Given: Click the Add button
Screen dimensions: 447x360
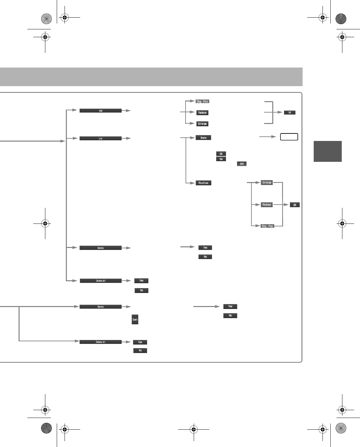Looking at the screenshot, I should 100,111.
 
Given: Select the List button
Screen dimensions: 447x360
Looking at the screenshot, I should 100,138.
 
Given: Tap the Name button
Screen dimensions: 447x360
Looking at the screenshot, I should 203,138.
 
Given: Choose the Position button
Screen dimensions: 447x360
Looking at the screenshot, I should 203,183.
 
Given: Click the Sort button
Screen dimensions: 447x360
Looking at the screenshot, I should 135,320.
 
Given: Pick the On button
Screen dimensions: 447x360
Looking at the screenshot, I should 221,159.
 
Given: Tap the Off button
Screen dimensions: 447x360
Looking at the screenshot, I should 242,164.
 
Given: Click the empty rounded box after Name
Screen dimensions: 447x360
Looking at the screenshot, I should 289,137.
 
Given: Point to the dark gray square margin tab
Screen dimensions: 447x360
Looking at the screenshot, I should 327,151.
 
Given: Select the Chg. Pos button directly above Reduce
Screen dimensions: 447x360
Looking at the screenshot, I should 202,101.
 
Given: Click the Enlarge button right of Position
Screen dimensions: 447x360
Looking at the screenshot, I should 267,183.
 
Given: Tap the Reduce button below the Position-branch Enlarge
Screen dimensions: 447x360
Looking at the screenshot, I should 267,205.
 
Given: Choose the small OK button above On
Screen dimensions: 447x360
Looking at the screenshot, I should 221,154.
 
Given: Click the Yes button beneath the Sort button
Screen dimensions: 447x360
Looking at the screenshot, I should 140,342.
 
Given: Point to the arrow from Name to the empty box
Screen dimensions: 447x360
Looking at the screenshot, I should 267,137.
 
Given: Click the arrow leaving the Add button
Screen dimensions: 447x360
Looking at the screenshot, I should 126,111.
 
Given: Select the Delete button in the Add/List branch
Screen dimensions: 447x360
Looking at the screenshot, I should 100,248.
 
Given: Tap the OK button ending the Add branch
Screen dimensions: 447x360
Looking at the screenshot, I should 290,113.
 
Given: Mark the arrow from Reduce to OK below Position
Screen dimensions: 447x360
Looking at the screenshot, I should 281,205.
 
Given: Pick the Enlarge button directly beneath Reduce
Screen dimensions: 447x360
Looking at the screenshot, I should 202,124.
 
